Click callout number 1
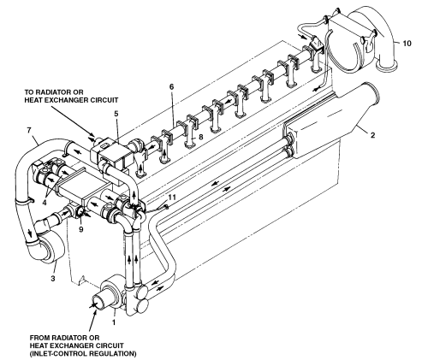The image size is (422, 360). click(x=114, y=322)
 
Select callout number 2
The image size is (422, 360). click(x=372, y=135)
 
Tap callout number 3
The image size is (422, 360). click(x=53, y=278)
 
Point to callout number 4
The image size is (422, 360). click(x=45, y=203)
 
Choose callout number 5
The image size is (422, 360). click(x=116, y=114)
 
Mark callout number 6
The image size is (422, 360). click(x=171, y=86)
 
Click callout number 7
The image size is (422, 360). click(x=28, y=130)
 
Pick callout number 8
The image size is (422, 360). click(x=201, y=137)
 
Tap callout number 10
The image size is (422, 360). click(x=407, y=44)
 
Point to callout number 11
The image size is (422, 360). click(x=172, y=198)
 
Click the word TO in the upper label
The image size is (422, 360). click(x=29, y=92)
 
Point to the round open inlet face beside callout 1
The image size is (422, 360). click(x=98, y=303)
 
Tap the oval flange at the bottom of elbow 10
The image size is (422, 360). click(x=386, y=66)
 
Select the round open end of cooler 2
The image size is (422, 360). click(x=371, y=93)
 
